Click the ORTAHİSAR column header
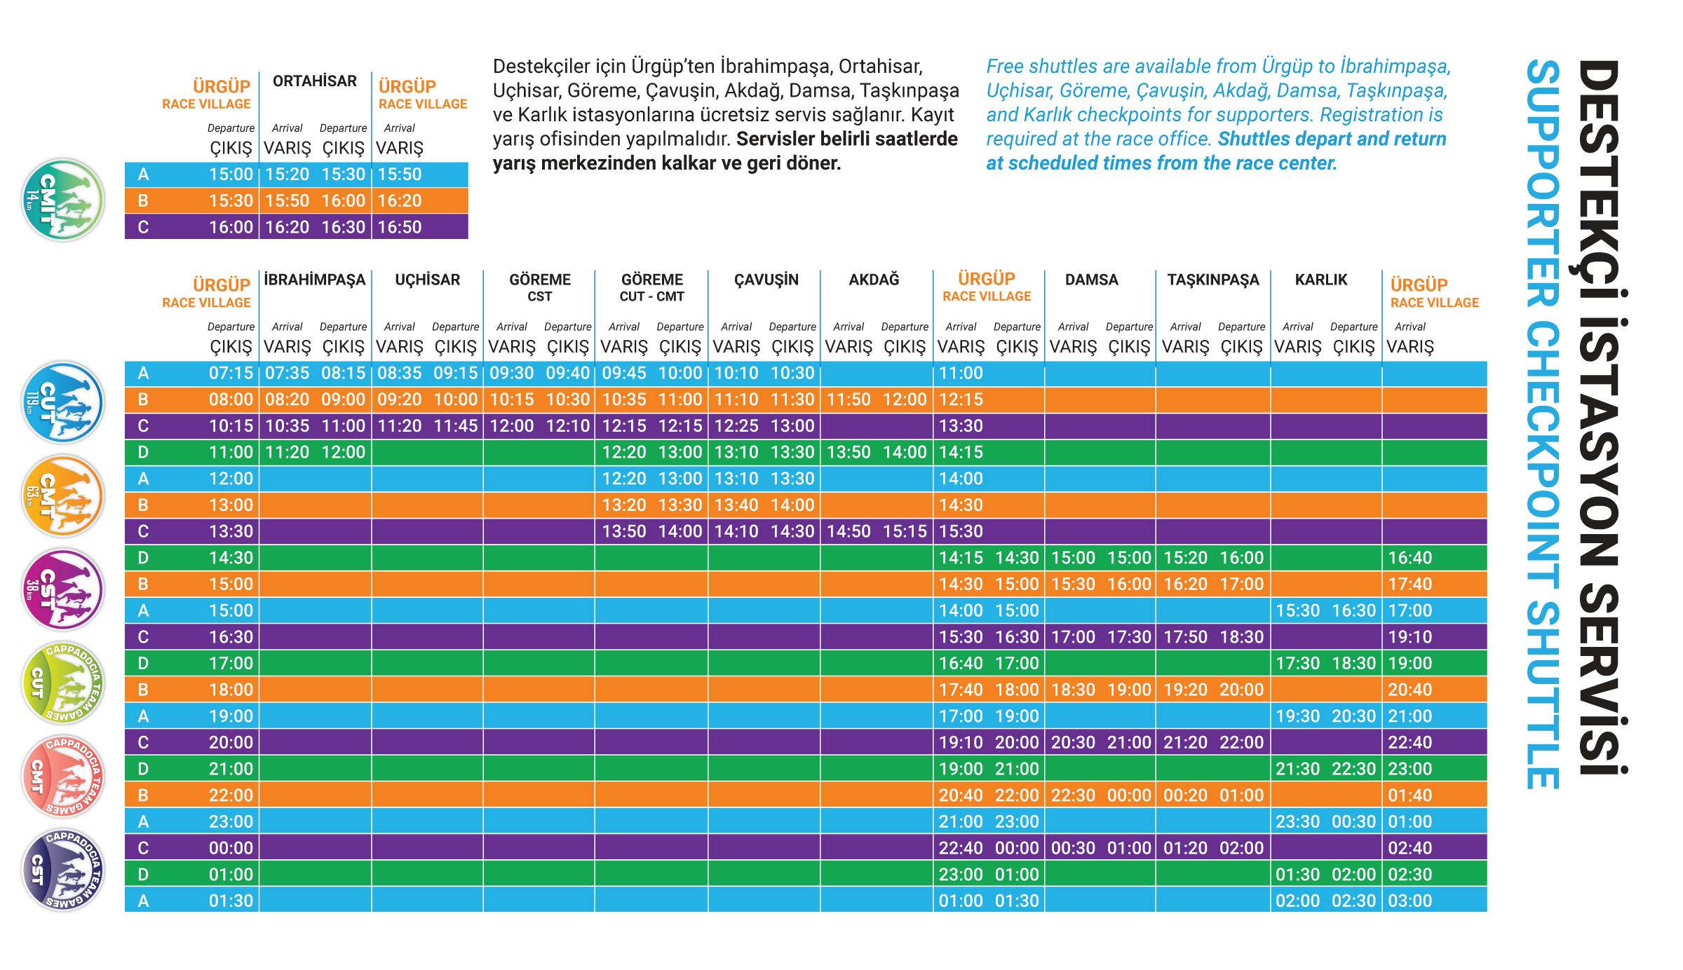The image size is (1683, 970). click(315, 81)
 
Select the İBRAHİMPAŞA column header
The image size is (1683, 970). click(315, 280)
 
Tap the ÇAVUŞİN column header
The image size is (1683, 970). click(766, 280)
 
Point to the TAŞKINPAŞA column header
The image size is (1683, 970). click(1213, 280)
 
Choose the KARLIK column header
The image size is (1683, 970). click(1321, 280)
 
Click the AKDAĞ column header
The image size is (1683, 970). click(874, 280)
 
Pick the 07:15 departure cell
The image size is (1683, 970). click(231, 373)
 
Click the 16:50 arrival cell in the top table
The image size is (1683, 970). click(400, 227)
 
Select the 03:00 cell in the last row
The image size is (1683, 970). click(1410, 901)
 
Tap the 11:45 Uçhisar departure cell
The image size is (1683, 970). click(456, 426)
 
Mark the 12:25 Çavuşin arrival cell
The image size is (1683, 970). click(736, 426)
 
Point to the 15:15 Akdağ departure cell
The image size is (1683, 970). click(905, 531)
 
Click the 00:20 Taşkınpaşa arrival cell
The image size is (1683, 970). click(1185, 795)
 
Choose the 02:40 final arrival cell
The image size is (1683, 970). click(1410, 848)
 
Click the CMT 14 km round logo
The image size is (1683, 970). click(63, 200)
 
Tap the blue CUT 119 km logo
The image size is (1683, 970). click(63, 403)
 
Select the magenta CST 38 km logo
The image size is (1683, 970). click(63, 589)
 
